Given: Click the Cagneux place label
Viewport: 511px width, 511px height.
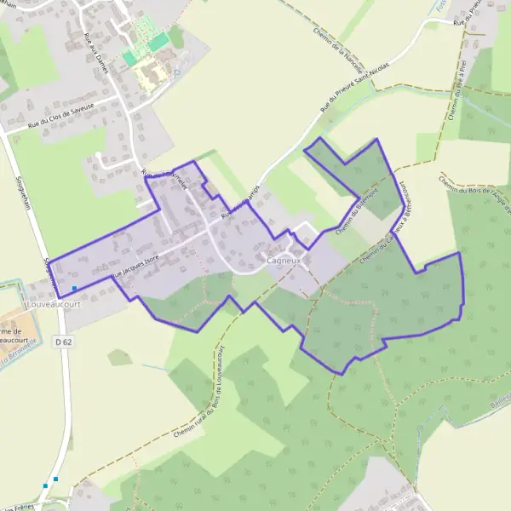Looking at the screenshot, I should point(282,260).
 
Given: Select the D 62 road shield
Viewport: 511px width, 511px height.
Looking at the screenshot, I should point(61,342).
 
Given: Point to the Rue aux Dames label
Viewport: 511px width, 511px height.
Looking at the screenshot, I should point(95,52).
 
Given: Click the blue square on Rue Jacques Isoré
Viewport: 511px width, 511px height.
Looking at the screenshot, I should point(75,289).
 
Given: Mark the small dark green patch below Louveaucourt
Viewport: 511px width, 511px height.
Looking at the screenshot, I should point(120,358).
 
